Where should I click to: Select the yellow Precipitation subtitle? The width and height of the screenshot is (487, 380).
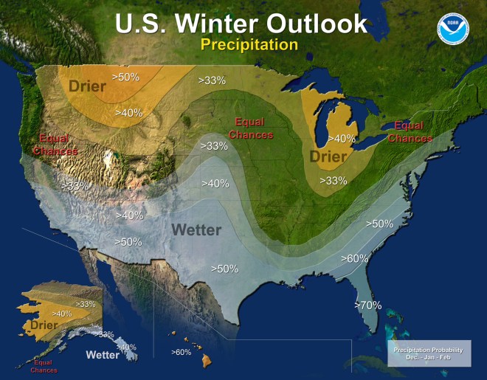[x=249, y=44]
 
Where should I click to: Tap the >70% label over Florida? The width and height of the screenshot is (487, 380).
[x=368, y=305]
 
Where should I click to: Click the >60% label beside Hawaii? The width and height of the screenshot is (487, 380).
[x=182, y=352]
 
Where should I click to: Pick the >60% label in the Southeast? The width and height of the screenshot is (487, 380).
[x=354, y=258]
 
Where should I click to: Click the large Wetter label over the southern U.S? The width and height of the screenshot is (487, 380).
[x=196, y=229]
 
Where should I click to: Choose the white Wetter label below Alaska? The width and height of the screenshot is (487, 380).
[x=103, y=355]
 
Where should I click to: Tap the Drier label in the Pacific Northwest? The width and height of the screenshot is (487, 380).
[x=88, y=86]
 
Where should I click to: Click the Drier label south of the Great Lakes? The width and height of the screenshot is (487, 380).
[x=328, y=157]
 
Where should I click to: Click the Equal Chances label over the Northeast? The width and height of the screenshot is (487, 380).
[x=410, y=131]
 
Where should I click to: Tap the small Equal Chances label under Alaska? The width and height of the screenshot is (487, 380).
[x=44, y=366]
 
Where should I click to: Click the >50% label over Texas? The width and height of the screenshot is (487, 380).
[x=224, y=269]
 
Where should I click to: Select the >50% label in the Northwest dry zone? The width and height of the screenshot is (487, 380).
[x=125, y=76]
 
